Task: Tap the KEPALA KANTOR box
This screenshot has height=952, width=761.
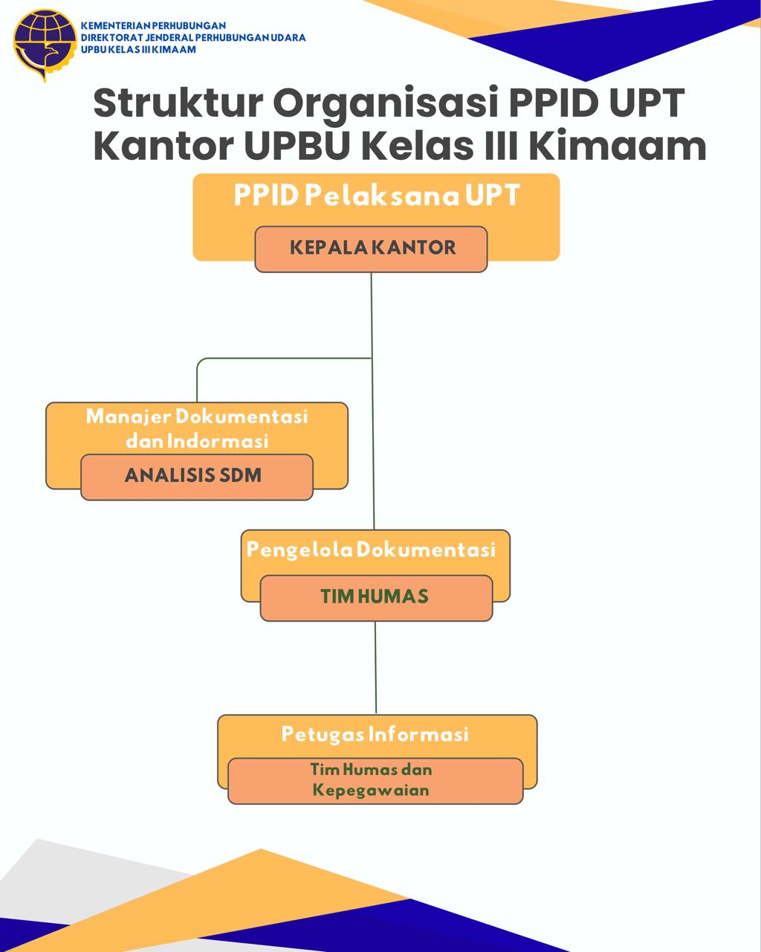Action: pyautogui.click(x=371, y=249)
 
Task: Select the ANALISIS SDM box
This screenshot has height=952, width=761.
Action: pyautogui.click(x=197, y=477)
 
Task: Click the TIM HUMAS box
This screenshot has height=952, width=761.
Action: pyautogui.click(x=376, y=598)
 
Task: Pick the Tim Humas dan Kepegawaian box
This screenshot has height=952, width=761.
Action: pyautogui.click(x=375, y=781)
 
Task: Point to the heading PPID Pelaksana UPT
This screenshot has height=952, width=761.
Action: pyautogui.click(x=377, y=196)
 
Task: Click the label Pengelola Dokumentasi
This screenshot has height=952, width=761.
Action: pyautogui.click(x=371, y=550)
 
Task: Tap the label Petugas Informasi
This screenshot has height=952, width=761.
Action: pyautogui.click(x=375, y=734)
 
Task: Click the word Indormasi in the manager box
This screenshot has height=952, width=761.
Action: pyautogui.click(x=218, y=441)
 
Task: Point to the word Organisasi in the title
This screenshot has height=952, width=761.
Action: pyautogui.click(x=386, y=104)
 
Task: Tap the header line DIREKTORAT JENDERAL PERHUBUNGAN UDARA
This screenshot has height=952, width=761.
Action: pyautogui.click(x=193, y=38)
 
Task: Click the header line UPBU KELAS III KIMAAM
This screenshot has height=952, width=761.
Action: pyautogui.click(x=138, y=50)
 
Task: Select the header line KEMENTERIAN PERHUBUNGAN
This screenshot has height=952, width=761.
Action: pyautogui.click(x=153, y=25)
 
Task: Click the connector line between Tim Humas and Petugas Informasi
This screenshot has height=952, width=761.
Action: pyautogui.click(x=376, y=667)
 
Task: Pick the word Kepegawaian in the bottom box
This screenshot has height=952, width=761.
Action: pyautogui.click(x=371, y=791)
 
